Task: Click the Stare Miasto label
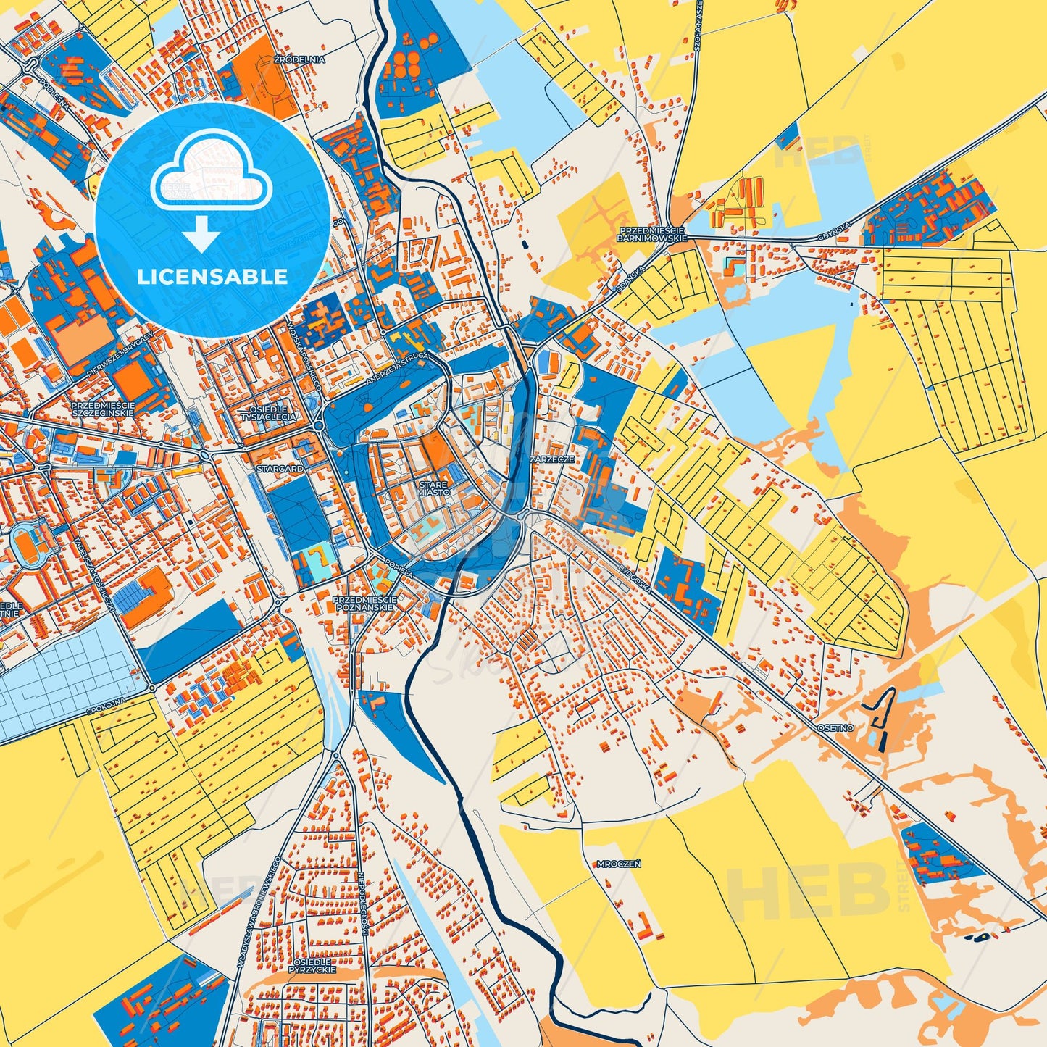(x=433, y=488)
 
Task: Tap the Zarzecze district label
(x=552, y=459)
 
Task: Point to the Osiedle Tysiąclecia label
(x=268, y=413)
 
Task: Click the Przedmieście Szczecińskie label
(x=102, y=409)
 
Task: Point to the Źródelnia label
(x=299, y=59)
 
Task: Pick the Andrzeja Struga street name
(x=399, y=367)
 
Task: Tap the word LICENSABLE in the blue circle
(x=212, y=277)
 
